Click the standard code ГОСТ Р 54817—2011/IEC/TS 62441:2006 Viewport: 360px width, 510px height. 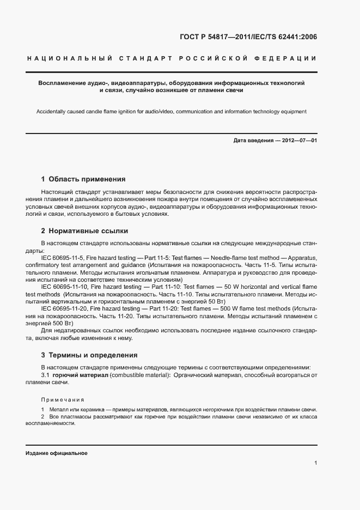click(x=248, y=37)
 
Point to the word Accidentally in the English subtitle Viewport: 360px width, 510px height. click(x=53, y=112)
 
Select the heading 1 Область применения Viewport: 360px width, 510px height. click(x=83, y=179)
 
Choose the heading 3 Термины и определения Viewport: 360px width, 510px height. click(x=89, y=355)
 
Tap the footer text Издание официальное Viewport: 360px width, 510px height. click(x=56, y=453)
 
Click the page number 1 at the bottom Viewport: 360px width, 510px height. click(x=316, y=463)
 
